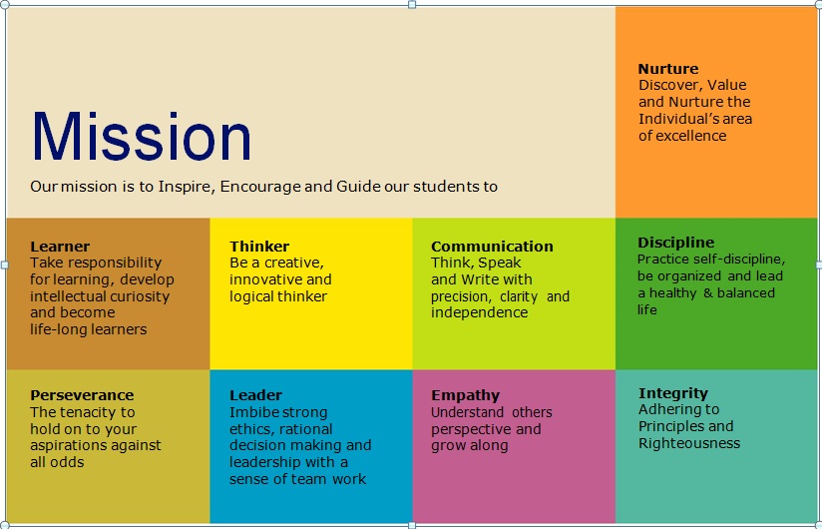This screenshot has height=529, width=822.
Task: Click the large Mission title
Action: click(142, 136)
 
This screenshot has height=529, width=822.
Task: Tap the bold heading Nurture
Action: click(668, 69)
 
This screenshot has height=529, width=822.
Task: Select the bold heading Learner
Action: click(60, 247)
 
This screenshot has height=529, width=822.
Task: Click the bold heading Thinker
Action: click(259, 247)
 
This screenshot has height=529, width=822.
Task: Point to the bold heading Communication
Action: click(492, 247)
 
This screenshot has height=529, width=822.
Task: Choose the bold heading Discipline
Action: click(675, 243)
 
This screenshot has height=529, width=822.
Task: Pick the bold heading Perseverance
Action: click(82, 395)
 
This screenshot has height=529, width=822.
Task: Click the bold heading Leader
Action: click(255, 395)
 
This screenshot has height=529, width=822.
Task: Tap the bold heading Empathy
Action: click(466, 396)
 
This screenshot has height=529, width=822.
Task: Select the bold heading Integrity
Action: click(673, 393)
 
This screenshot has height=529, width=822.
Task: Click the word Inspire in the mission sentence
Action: click(187, 188)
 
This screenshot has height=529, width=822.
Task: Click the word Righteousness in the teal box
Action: click(689, 444)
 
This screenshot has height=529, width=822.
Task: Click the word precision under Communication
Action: click(461, 297)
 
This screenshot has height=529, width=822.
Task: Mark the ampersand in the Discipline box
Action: click(707, 293)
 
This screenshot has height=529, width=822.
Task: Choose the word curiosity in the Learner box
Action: click(142, 297)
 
